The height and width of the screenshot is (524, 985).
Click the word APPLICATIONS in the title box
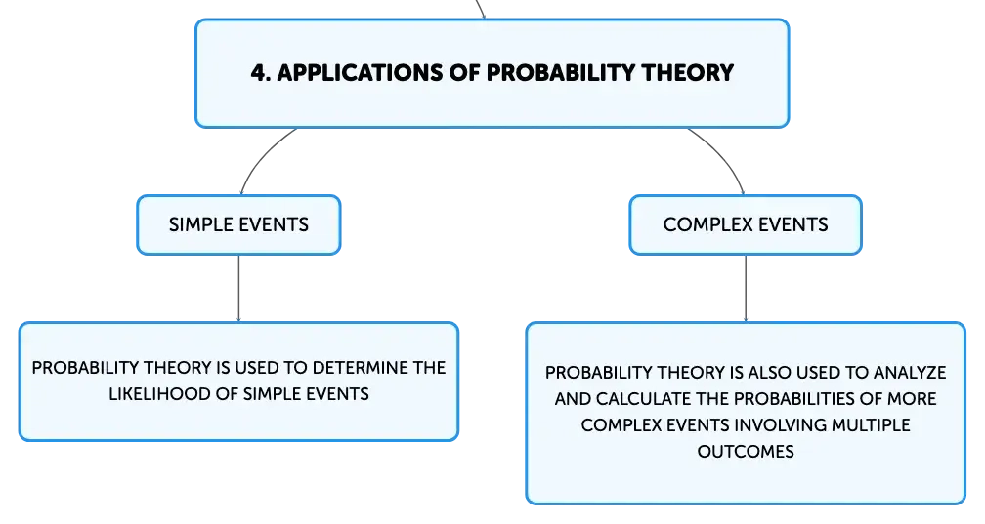coord(360,73)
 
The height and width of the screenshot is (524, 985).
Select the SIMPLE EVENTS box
coord(238,224)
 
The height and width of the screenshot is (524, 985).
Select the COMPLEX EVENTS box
coord(746,224)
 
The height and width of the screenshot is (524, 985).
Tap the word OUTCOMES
coord(746,452)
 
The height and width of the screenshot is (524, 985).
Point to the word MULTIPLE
coord(871,425)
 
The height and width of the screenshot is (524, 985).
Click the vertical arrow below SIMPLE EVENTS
coord(238,288)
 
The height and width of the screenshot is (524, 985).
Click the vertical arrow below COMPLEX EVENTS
coord(746,288)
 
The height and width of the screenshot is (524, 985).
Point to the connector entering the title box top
coord(481,9)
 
